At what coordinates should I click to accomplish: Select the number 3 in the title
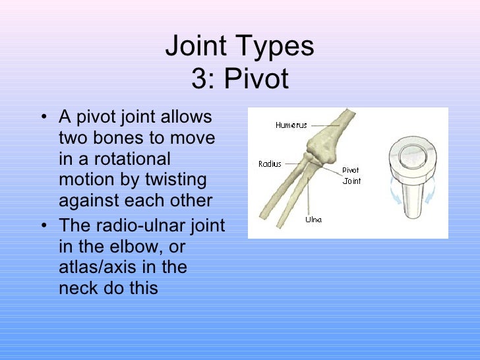coord(198,79)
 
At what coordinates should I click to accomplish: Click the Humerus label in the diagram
coord(291,125)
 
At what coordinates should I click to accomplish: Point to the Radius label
coord(270,164)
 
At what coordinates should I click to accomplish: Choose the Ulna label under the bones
coord(313,220)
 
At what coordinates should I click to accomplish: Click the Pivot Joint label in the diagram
coord(351,175)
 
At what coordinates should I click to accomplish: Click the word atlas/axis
coord(94,267)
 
